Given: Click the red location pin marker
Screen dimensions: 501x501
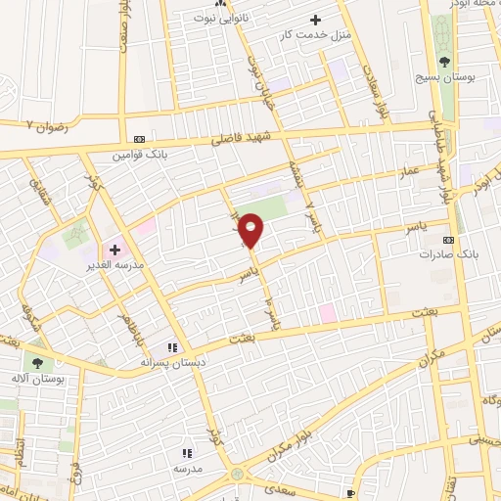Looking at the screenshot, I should click(x=251, y=230).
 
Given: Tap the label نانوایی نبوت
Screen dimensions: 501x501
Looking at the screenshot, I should click(x=221, y=19).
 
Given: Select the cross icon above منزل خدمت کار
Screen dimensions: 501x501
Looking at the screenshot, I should click(x=315, y=20).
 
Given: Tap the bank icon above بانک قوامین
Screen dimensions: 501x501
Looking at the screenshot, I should click(x=139, y=139).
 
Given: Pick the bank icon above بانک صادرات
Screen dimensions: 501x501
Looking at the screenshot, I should click(x=449, y=239).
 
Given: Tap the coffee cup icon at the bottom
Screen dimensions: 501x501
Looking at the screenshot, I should click(x=351, y=493).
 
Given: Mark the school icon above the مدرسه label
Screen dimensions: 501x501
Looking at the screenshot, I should click(x=187, y=453).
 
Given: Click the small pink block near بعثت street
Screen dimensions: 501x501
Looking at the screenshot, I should click(x=326, y=312).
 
